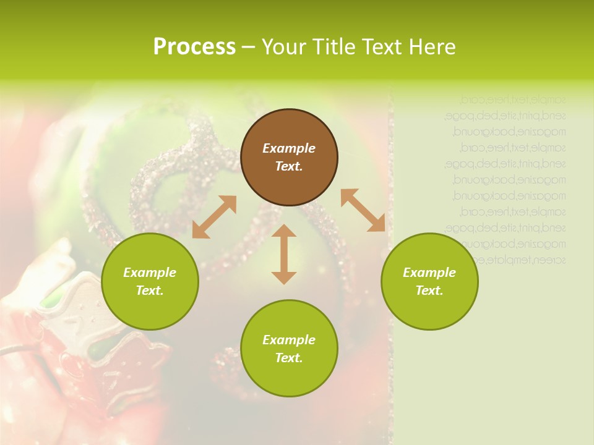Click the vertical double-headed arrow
coord(284,254)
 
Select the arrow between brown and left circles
coord(214,217)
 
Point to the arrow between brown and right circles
coord(363,210)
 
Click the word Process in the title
coord(194,47)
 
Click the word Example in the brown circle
coord(289,148)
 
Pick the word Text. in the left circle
coord(150,290)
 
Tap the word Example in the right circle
coord(429,273)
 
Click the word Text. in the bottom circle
coord(289,358)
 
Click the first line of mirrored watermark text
coord(513,98)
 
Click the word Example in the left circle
coord(150,273)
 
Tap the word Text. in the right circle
coord(429,290)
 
